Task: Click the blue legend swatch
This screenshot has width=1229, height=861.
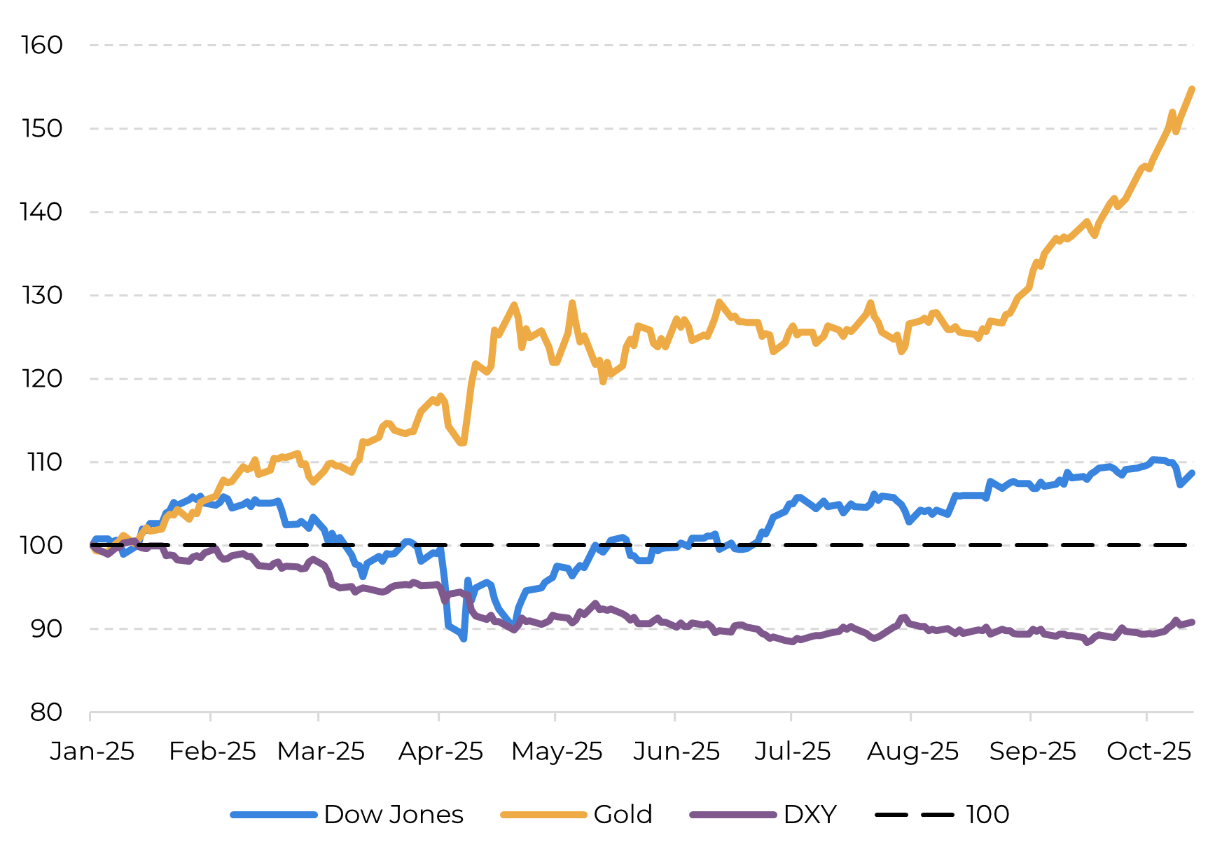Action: point(274,815)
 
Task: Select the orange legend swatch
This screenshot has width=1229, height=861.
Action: point(543,815)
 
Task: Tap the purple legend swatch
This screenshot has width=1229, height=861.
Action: point(733,815)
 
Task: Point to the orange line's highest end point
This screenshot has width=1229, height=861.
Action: point(1192,89)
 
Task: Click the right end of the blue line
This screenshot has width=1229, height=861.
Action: point(1193,473)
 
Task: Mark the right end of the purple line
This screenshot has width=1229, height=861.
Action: point(1193,621)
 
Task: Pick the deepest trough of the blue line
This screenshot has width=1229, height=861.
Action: point(464,639)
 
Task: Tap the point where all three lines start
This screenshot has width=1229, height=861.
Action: point(92,545)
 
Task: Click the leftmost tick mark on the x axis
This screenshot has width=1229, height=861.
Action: point(90,715)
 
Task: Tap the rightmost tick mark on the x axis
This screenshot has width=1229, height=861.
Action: point(1146,715)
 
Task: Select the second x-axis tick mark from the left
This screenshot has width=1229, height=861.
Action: point(211,715)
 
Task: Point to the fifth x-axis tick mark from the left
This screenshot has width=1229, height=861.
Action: point(555,715)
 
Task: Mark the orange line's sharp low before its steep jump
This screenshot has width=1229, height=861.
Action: point(463,443)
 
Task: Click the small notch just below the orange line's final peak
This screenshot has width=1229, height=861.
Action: point(1176,131)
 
